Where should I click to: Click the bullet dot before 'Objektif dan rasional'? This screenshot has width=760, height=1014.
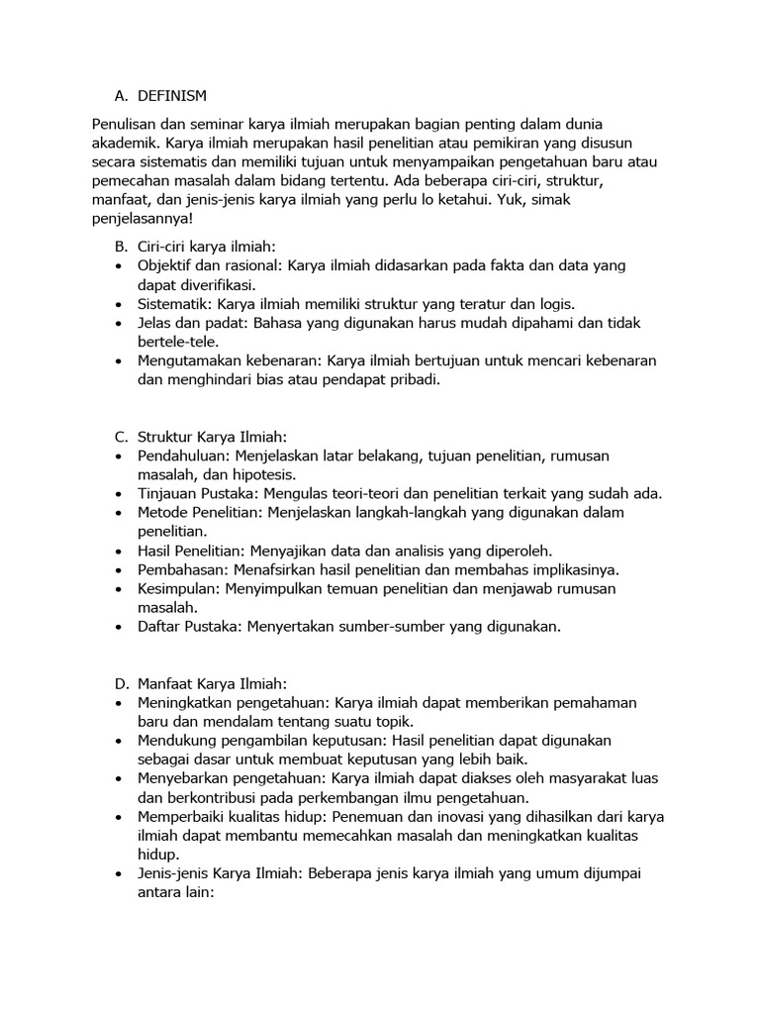pyautogui.click(x=120, y=266)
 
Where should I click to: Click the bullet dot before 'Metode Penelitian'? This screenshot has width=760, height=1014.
pyautogui.click(x=120, y=513)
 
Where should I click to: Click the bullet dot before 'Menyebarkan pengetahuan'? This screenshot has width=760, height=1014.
pyautogui.click(x=120, y=779)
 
